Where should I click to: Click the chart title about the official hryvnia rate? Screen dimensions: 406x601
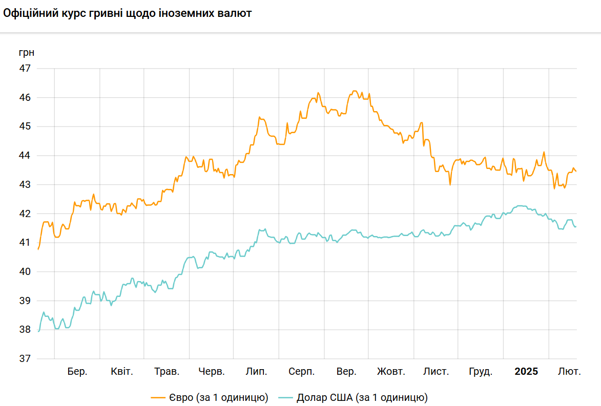coord(128,14)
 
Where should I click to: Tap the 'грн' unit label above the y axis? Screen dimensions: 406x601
coord(26,53)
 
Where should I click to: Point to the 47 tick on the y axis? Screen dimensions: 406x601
coord(25,68)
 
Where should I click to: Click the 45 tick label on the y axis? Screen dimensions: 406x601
coord(25,126)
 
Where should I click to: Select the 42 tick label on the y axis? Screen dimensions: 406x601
coord(25,213)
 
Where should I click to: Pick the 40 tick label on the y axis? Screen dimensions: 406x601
coord(25,272)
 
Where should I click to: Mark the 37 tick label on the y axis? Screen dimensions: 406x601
coord(25,359)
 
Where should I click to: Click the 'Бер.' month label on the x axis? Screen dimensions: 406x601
coord(77,372)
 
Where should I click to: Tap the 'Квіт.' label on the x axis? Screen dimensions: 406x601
coord(122,372)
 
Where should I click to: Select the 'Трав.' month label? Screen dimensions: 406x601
coord(167,372)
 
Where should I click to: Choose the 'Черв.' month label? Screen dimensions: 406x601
coord(212,372)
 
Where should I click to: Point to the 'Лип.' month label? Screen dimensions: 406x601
coord(256,372)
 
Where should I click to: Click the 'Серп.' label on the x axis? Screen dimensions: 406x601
coord(302,372)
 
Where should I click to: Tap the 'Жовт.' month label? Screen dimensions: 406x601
coord(391,372)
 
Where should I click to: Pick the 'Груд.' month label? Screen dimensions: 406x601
coord(481,372)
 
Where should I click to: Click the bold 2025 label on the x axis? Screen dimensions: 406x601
coord(526,372)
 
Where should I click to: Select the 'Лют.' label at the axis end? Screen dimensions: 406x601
coord(569,372)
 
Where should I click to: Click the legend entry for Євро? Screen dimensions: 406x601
coord(210,397)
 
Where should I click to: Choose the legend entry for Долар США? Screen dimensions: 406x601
coord(353,397)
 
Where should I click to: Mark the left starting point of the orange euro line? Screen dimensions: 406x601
coord(38,249)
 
